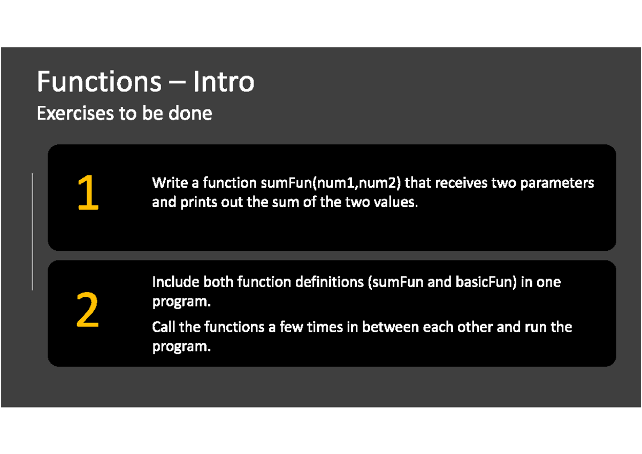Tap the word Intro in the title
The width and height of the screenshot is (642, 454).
[224, 82]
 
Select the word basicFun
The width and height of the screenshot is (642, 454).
[485, 282]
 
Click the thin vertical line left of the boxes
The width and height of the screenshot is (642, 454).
[33, 231]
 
